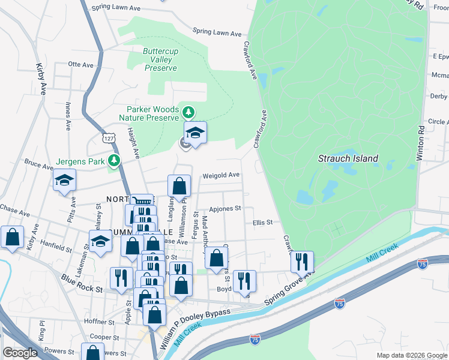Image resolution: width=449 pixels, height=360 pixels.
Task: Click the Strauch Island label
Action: [348, 158]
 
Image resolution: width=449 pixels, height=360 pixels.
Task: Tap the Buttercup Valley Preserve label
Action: [160, 60]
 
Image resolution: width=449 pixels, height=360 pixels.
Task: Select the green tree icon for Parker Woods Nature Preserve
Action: [188, 112]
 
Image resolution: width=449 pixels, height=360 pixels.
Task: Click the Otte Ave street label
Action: [81, 64]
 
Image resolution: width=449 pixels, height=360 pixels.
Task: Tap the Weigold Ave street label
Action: [221, 175]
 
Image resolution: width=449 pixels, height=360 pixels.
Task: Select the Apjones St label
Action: [225, 209]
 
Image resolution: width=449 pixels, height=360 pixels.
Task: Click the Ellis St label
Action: [262, 222]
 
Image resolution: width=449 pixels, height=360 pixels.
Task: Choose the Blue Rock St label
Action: [82, 283]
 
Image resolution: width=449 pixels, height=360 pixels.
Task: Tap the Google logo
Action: [20, 353]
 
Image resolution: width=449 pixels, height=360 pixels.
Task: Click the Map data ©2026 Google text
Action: [411, 355]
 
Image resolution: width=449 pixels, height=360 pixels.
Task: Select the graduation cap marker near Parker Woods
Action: [195, 132]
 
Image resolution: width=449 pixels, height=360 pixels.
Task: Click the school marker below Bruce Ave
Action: [64, 180]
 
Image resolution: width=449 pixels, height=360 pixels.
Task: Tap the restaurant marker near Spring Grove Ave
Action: [302, 262]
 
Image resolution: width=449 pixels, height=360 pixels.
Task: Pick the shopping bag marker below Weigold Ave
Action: [179, 186]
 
